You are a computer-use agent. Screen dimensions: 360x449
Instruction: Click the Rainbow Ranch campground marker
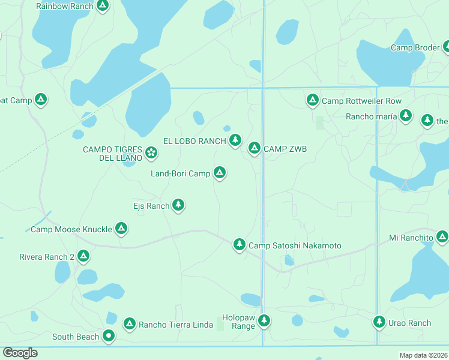[103, 6]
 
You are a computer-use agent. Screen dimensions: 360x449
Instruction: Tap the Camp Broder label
[415, 47]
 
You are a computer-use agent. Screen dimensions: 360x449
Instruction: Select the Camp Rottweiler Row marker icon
[312, 100]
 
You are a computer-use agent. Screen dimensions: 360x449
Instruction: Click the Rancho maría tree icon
[406, 115]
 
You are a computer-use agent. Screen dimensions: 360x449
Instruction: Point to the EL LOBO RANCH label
[194, 141]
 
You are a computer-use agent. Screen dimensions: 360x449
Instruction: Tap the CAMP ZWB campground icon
[255, 148]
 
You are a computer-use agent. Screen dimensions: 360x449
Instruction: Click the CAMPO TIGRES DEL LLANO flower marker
[151, 153]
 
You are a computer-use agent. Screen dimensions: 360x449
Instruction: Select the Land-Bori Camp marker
[220, 173]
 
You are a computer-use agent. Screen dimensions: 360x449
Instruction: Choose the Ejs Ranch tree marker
[178, 205]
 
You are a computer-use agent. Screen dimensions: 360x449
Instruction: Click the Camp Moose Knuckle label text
[71, 229]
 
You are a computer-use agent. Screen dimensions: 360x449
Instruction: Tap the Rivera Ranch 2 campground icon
[83, 256]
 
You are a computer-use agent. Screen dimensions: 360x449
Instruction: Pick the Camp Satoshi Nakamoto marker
[240, 244]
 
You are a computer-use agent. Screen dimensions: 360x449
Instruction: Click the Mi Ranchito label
[411, 238]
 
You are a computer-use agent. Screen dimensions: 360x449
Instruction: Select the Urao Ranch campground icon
[379, 322]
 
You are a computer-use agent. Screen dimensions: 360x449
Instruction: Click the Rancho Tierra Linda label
[176, 325]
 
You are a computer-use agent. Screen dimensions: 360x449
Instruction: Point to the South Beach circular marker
[109, 336]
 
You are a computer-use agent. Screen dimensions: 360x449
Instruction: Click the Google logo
[20, 353]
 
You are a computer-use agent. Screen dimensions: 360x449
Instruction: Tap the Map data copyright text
[423, 355]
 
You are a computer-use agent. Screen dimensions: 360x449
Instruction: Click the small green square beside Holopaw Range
[220, 325]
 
